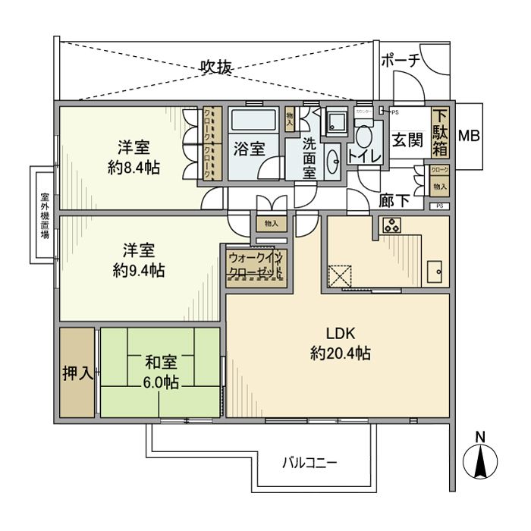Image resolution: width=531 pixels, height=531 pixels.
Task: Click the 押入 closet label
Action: [x=77, y=372]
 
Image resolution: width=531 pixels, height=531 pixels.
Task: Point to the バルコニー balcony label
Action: [x=309, y=461]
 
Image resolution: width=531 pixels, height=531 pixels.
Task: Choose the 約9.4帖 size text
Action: [x=139, y=269]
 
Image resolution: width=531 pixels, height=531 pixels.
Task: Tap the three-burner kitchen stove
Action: [x=392, y=225]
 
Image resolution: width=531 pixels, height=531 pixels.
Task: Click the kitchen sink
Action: [x=435, y=272]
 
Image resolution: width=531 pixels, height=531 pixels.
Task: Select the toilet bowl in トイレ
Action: [x=363, y=137]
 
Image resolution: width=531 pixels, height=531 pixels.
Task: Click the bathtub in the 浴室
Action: [x=255, y=122]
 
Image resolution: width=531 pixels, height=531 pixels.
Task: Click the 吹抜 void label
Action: [x=215, y=67]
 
